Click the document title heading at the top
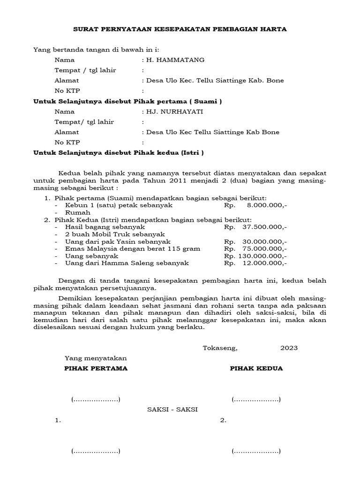(180, 29)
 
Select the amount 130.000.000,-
(263, 256)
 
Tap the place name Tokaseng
(220, 348)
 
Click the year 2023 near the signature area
(289, 348)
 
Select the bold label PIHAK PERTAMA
(96, 368)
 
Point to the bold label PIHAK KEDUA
(256, 368)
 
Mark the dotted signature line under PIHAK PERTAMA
(96, 400)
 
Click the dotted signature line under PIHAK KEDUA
(256, 400)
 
